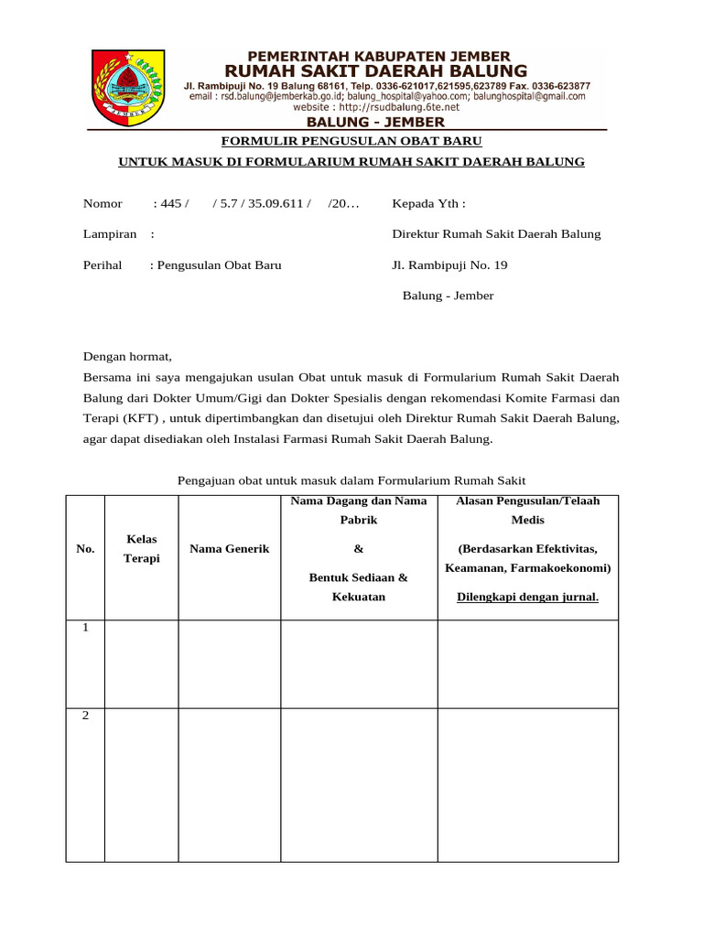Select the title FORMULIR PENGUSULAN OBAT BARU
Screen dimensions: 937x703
point(352,141)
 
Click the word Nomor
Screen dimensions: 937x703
point(103,203)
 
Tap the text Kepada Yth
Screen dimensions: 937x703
point(428,203)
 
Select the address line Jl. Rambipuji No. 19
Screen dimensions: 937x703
point(449,265)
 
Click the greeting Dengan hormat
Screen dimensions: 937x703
point(127,357)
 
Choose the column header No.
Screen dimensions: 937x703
point(85,549)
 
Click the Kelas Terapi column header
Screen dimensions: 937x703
point(142,549)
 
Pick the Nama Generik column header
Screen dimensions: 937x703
point(229,549)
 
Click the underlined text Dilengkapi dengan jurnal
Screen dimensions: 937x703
point(527,598)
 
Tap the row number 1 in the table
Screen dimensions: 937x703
point(85,629)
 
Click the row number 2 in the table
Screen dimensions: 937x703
point(85,716)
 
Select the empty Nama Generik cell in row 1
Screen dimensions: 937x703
point(229,662)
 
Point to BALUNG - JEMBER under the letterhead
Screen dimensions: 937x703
point(375,123)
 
